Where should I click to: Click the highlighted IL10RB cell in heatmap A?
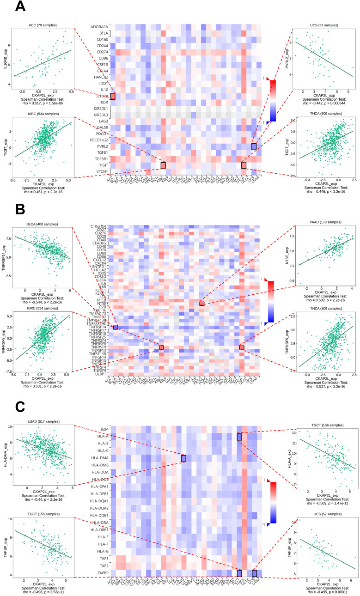coord(113,96)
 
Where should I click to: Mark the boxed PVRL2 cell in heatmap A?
coord(254,146)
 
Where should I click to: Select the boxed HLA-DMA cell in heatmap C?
coord(183,458)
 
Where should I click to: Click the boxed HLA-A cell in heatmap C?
coord(239,437)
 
